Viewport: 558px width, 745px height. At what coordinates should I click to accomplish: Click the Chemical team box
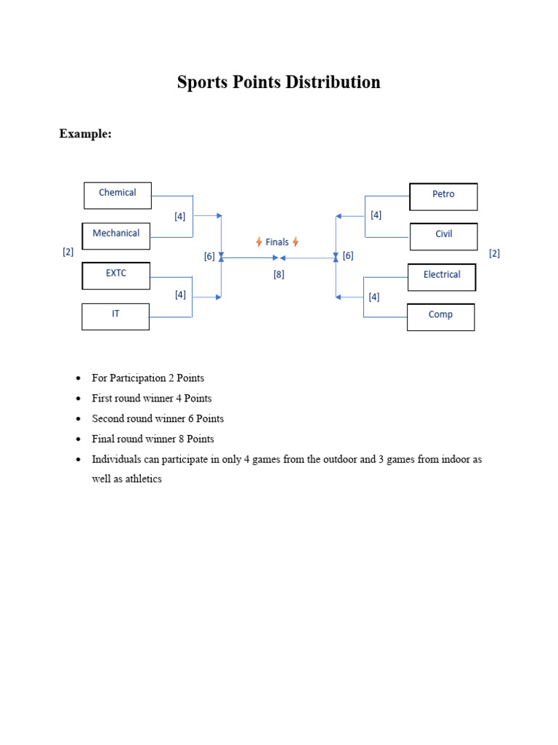point(117,195)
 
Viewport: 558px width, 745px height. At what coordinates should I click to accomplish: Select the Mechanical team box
point(116,236)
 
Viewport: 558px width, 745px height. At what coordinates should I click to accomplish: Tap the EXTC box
point(116,276)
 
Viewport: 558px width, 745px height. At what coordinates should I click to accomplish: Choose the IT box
point(116,316)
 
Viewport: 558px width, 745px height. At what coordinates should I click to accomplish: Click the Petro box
point(443,196)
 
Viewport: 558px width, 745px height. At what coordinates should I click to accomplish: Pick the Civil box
point(443,236)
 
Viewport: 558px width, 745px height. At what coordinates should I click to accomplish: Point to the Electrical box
point(442,277)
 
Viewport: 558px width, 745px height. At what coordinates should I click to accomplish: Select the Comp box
point(440,317)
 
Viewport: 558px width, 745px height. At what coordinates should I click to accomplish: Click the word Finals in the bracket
point(277,242)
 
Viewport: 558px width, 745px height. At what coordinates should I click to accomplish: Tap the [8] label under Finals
point(279,274)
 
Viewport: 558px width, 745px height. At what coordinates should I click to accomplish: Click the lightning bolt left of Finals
point(259,242)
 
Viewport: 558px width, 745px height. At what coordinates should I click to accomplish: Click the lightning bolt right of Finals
point(296,242)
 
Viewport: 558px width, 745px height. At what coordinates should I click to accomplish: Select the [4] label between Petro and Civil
point(376,215)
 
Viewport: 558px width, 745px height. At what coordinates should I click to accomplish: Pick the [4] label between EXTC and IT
point(180,295)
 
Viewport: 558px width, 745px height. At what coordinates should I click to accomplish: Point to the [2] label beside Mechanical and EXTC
point(68,252)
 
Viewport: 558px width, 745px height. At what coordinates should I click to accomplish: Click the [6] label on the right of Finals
point(348,255)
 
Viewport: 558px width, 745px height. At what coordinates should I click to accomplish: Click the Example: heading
point(85,134)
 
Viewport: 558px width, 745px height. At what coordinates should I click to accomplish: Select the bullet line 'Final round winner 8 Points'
point(153,439)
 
